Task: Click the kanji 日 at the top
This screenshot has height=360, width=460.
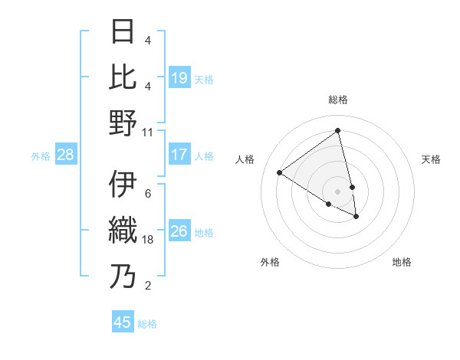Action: (x=123, y=32)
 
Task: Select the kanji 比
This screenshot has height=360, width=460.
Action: (x=123, y=77)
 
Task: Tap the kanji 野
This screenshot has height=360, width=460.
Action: (x=123, y=122)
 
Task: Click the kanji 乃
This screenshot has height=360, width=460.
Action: (x=123, y=276)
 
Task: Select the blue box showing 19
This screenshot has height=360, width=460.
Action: (x=179, y=77)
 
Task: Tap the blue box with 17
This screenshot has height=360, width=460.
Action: (x=179, y=155)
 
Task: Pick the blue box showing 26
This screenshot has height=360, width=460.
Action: (x=179, y=231)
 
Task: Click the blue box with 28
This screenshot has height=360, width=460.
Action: (x=66, y=155)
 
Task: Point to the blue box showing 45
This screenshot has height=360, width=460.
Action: (x=123, y=322)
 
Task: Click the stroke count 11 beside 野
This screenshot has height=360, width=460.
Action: (x=147, y=133)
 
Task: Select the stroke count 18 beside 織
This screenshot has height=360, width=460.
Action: (x=148, y=240)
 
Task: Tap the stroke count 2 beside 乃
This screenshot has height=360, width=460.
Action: (x=147, y=286)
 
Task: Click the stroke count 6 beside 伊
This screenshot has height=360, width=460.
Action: (x=147, y=194)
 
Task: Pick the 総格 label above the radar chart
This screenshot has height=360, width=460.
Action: (x=338, y=100)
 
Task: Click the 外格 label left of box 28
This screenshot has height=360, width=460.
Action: (x=41, y=156)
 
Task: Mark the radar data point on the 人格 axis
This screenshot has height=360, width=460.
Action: (x=280, y=173)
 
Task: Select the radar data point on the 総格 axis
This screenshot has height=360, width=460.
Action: (x=338, y=131)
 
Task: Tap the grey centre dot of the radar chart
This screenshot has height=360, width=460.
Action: (x=338, y=191)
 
